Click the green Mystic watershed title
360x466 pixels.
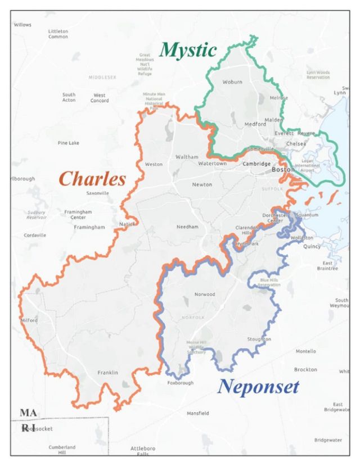(188, 50)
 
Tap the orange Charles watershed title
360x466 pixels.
(92, 179)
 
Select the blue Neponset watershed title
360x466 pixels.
(258, 387)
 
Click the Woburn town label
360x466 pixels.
(232, 82)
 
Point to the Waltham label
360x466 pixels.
(187, 157)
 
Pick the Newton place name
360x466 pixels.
(202, 184)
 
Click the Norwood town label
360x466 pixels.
(204, 295)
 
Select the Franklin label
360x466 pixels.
(107, 373)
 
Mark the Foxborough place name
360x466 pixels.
(181, 383)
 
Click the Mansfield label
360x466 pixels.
(197, 413)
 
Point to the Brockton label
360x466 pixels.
(305, 369)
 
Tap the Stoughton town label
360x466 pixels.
(259, 340)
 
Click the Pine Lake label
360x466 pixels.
(69, 143)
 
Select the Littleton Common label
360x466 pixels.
(58, 34)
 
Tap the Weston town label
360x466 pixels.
(154, 164)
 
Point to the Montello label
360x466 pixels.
(305, 351)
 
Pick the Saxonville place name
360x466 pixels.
(97, 193)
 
